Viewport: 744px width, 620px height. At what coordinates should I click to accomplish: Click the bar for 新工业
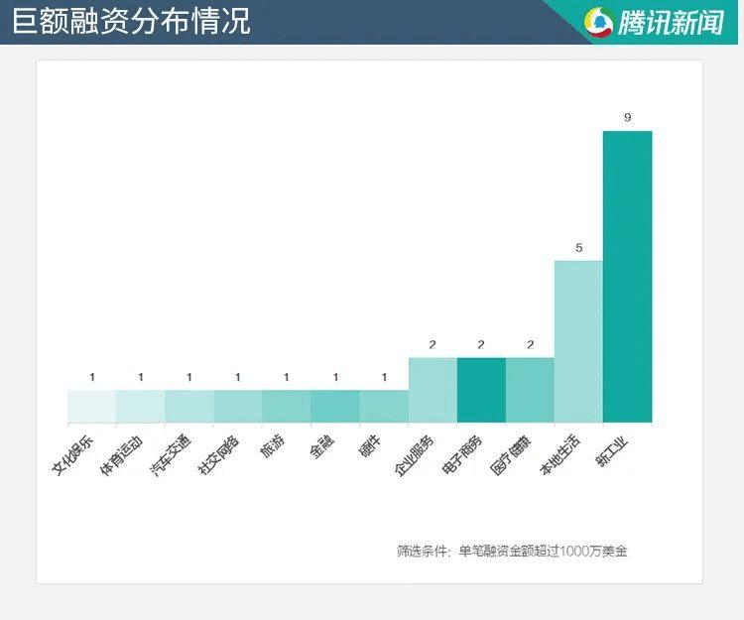point(627,276)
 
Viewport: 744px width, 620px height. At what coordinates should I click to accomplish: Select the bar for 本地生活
point(578,340)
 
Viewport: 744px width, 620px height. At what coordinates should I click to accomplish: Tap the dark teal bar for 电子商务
point(481,389)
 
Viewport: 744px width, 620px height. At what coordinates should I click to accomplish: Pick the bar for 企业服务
point(433,389)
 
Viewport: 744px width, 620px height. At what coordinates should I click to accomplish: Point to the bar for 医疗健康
point(530,389)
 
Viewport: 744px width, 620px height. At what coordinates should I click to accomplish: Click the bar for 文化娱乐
point(91,406)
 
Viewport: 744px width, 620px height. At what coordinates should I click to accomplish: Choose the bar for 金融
point(335,406)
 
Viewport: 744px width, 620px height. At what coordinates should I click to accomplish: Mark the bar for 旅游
point(287,406)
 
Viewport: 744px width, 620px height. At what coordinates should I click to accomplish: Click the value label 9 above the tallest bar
point(627,118)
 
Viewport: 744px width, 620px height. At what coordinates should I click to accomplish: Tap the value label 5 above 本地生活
point(578,248)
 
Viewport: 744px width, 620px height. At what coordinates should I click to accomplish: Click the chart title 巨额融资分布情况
point(131,21)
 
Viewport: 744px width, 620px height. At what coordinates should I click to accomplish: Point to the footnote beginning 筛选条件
point(512,551)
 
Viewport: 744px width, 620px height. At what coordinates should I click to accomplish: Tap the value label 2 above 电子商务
point(481,345)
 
